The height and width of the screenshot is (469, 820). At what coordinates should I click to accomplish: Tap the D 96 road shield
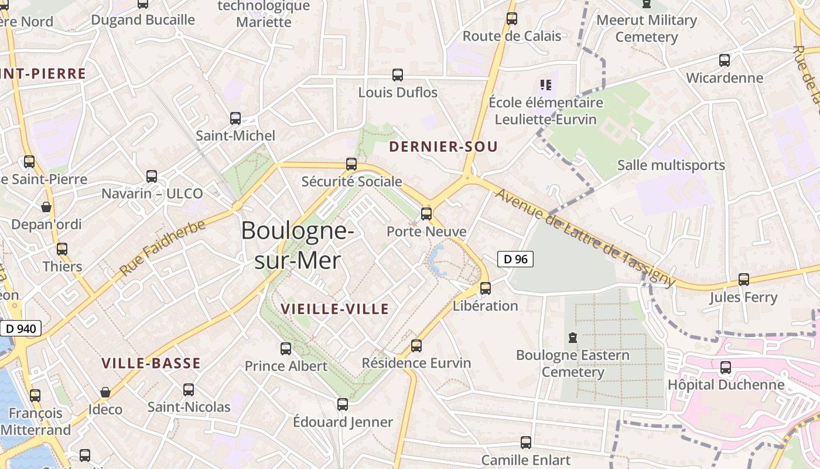(x=515, y=259)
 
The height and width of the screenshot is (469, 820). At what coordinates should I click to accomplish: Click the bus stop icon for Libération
(x=486, y=288)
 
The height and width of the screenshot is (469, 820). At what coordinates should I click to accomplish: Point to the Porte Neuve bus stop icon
(x=426, y=214)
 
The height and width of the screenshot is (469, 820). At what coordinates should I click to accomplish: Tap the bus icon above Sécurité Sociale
(x=351, y=164)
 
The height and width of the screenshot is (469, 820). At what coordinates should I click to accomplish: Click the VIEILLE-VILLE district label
(x=334, y=309)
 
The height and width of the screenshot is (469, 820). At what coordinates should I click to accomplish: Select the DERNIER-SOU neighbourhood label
(x=443, y=147)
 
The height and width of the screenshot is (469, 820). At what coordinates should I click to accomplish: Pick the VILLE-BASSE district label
(x=151, y=363)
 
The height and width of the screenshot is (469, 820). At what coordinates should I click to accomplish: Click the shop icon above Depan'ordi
(x=46, y=207)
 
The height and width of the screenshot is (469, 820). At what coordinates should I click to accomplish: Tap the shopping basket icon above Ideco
(x=105, y=392)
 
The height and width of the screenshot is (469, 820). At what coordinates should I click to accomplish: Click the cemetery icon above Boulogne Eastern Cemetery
(x=572, y=338)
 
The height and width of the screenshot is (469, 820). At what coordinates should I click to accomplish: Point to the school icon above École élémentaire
(x=546, y=85)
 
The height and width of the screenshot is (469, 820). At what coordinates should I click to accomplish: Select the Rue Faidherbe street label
(x=163, y=248)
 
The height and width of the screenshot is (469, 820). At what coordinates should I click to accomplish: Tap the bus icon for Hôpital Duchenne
(x=726, y=368)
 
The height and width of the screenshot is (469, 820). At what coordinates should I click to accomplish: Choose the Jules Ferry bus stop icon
(x=744, y=280)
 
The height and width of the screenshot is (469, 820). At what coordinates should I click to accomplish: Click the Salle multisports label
(x=671, y=165)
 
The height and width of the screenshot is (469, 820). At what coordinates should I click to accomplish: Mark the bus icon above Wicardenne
(x=725, y=60)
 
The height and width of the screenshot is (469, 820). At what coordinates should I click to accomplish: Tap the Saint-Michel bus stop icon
(x=235, y=118)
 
